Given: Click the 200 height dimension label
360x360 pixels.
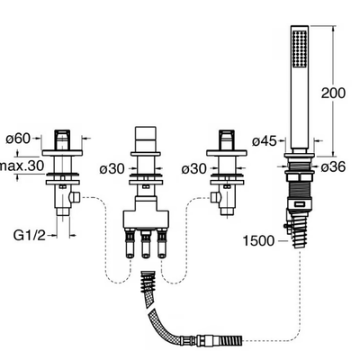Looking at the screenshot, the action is coord(333,93).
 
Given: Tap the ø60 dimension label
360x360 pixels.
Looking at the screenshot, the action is coord(19,139).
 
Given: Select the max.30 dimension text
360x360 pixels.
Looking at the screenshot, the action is coord(22,166).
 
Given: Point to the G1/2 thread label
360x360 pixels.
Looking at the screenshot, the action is coord(29,235).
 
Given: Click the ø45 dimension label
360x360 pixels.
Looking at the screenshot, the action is coord(264,141).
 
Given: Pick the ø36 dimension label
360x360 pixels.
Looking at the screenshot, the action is coord(333,166).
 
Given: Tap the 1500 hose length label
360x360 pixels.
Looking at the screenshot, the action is coord(258,240).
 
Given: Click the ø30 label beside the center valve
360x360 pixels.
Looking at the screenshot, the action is coord(112,169).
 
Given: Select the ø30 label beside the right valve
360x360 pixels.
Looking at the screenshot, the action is coord(193,169).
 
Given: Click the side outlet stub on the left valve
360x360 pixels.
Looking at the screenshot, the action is coord(75,197).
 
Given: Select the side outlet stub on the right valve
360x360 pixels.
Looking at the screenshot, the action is coord(215,197).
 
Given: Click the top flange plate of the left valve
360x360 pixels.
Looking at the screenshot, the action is coord(62,153).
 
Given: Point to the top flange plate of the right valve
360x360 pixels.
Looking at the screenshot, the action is coord(227,153).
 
